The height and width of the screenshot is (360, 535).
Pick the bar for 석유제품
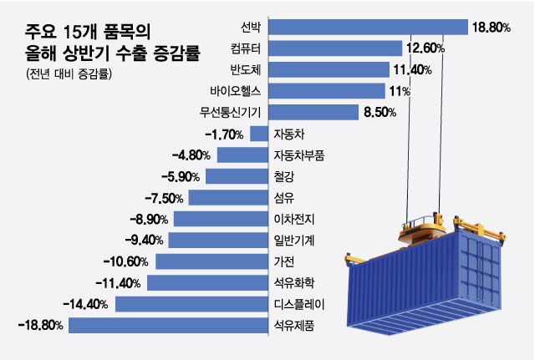click(x=168, y=325)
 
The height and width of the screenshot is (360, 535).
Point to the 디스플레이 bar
click(x=191, y=304)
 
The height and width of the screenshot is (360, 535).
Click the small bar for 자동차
click(x=258, y=134)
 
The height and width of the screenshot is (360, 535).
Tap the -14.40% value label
click(x=87, y=304)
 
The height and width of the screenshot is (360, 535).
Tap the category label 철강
click(x=283, y=176)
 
